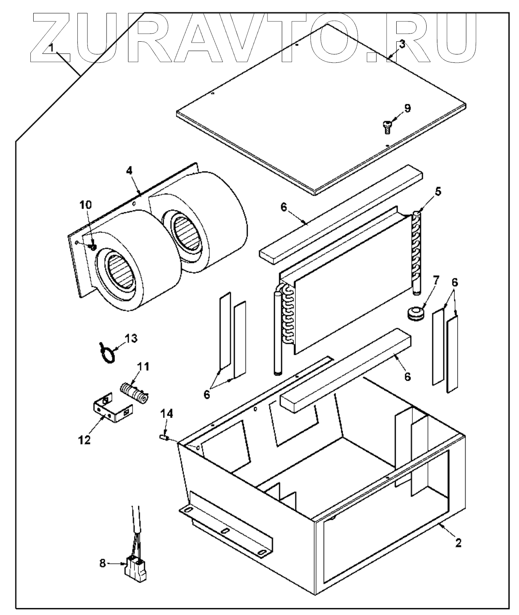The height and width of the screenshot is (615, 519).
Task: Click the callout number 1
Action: (x=51, y=47)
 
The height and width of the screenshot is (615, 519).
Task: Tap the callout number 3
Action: (x=401, y=45)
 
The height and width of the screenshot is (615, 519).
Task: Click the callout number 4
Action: (x=129, y=171)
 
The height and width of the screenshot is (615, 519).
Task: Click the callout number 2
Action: (x=458, y=542)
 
